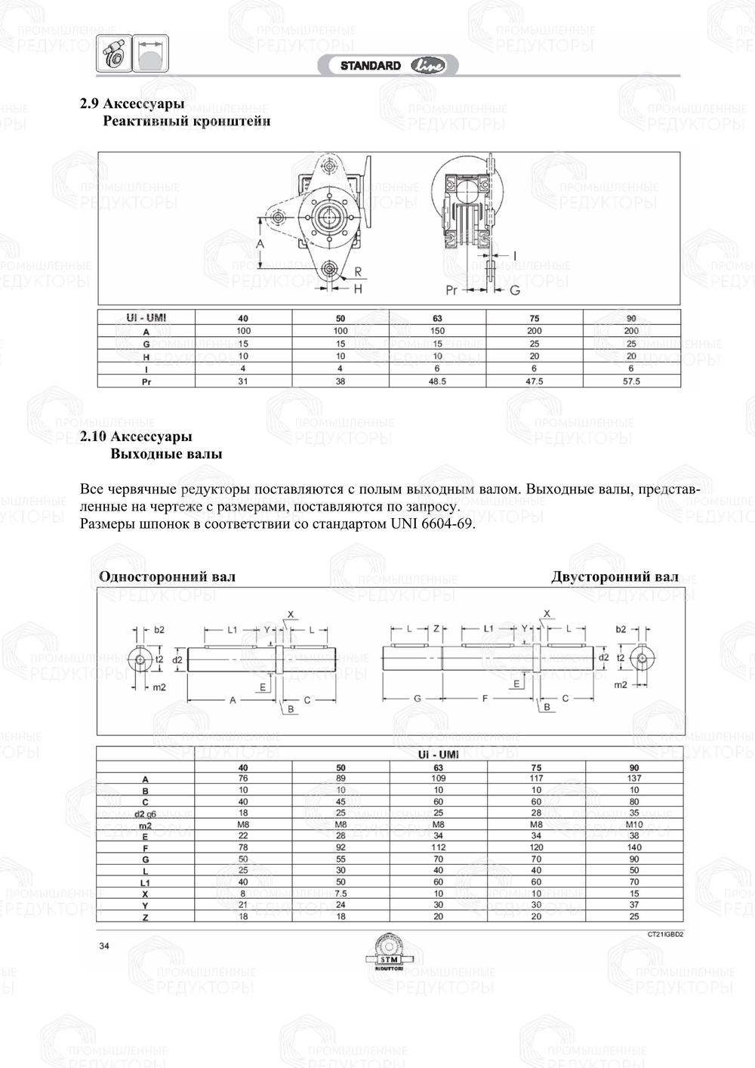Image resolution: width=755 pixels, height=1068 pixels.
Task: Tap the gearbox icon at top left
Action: [x=114, y=54]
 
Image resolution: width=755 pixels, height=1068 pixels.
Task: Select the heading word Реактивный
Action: [x=142, y=121]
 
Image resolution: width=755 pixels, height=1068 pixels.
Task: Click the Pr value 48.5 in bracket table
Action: [x=438, y=381]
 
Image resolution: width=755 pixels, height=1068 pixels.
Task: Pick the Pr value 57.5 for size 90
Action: [x=631, y=381]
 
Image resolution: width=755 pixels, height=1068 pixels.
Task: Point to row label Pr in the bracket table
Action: [x=146, y=381]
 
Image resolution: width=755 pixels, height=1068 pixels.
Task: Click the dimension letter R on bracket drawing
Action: [x=358, y=271]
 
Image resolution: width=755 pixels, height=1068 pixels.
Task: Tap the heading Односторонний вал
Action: [x=168, y=577]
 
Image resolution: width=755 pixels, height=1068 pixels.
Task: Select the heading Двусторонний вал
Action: [x=615, y=577]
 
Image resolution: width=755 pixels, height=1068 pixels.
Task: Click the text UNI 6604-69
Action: [x=433, y=524]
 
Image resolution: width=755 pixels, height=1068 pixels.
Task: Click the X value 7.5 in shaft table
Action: [x=341, y=894]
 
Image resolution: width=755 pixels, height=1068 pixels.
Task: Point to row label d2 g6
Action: [x=145, y=813]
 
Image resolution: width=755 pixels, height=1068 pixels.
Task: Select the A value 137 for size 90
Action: [x=634, y=778]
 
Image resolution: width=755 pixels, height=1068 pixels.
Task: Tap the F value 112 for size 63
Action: [x=439, y=847]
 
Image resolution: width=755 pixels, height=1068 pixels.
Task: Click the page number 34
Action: [x=104, y=946]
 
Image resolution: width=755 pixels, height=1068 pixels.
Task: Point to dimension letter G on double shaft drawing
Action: [x=418, y=699]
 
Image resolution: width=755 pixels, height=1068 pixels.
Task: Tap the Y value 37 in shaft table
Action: [x=634, y=905]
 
